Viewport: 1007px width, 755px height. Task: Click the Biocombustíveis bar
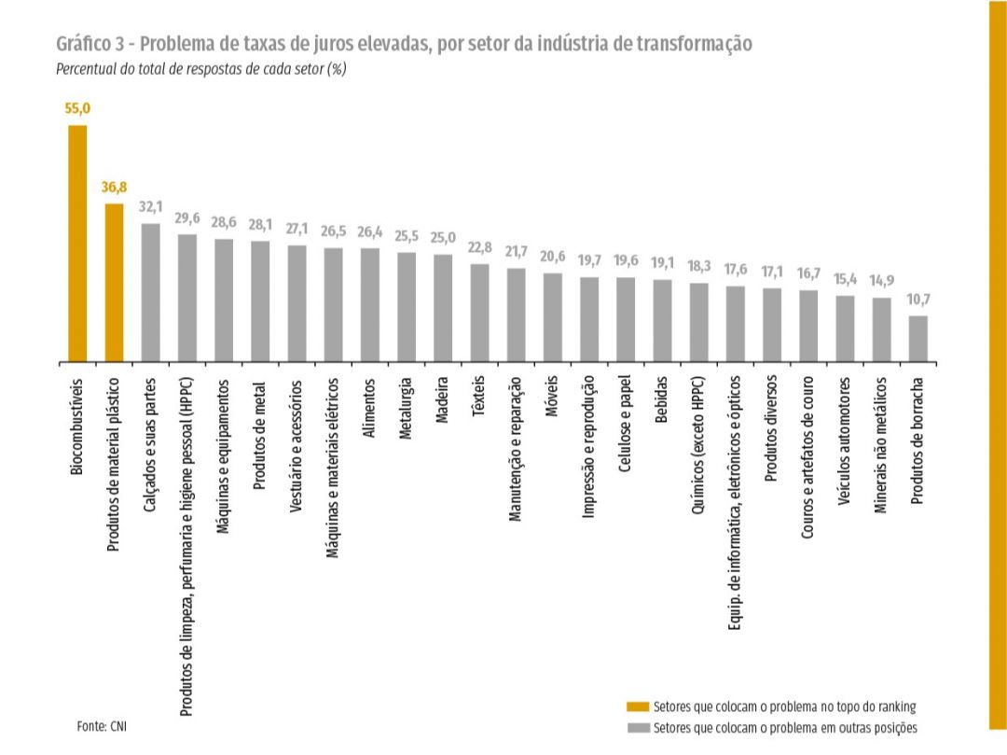click(x=77, y=244)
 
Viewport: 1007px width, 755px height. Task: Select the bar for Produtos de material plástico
click(x=114, y=283)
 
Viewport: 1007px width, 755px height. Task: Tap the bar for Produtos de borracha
click(x=918, y=339)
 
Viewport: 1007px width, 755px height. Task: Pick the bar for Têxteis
click(x=480, y=313)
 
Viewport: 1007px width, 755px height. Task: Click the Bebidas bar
click(x=663, y=321)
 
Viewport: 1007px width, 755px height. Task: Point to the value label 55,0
click(x=77, y=108)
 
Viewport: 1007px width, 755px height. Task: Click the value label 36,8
click(x=114, y=188)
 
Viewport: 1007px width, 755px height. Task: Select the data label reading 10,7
click(x=918, y=300)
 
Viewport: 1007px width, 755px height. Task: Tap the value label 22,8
click(x=480, y=247)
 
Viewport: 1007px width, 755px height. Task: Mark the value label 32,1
click(x=151, y=207)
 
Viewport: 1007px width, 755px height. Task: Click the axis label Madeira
click(x=442, y=399)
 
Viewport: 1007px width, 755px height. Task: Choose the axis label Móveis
click(x=552, y=397)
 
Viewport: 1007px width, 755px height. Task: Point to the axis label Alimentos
click(x=368, y=408)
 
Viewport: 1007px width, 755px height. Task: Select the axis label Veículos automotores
click(x=845, y=440)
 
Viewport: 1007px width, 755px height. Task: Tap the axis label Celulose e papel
click(x=625, y=424)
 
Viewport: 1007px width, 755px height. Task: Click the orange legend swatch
click(x=638, y=706)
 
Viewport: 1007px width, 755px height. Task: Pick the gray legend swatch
click(x=638, y=728)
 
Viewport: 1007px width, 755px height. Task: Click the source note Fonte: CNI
click(x=102, y=726)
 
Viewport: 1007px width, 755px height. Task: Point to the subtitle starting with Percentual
click(x=201, y=69)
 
